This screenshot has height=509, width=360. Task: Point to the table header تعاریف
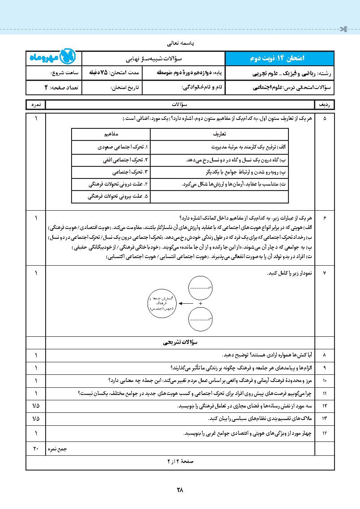tap(219, 134)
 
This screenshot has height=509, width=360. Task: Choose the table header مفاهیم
tap(110, 134)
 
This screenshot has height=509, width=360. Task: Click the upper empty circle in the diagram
tap(200, 288)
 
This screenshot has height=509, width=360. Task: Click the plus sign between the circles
tap(200, 303)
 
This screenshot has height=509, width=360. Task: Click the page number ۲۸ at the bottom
tap(180, 490)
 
